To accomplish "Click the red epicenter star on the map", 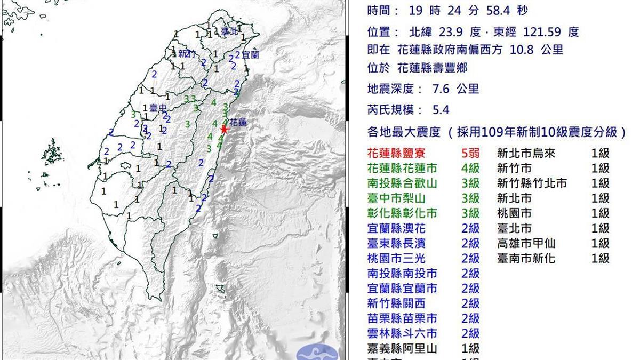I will coord(225,130).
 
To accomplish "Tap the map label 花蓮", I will coord(238,123).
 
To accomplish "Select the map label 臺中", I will coord(157,107).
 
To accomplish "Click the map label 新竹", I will coord(185,53).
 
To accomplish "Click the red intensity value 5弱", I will coord(470,154).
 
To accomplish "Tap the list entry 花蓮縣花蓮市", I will coord(403,169).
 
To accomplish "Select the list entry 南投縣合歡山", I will coord(403,183).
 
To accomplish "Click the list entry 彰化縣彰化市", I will coord(403,213).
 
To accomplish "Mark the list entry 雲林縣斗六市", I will coord(403,333).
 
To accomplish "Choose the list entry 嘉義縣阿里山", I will coord(403,349).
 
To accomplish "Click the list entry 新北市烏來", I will coord(526,154).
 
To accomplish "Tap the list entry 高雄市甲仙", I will coord(526,243).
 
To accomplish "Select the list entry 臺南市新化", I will coord(526,258).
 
